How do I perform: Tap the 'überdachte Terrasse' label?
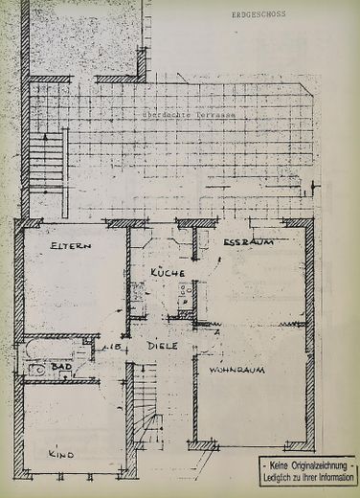(x=189, y=115)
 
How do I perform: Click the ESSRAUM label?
(x=249, y=242)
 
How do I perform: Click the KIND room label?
(x=62, y=450)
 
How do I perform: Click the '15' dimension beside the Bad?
(x=111, y=347)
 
